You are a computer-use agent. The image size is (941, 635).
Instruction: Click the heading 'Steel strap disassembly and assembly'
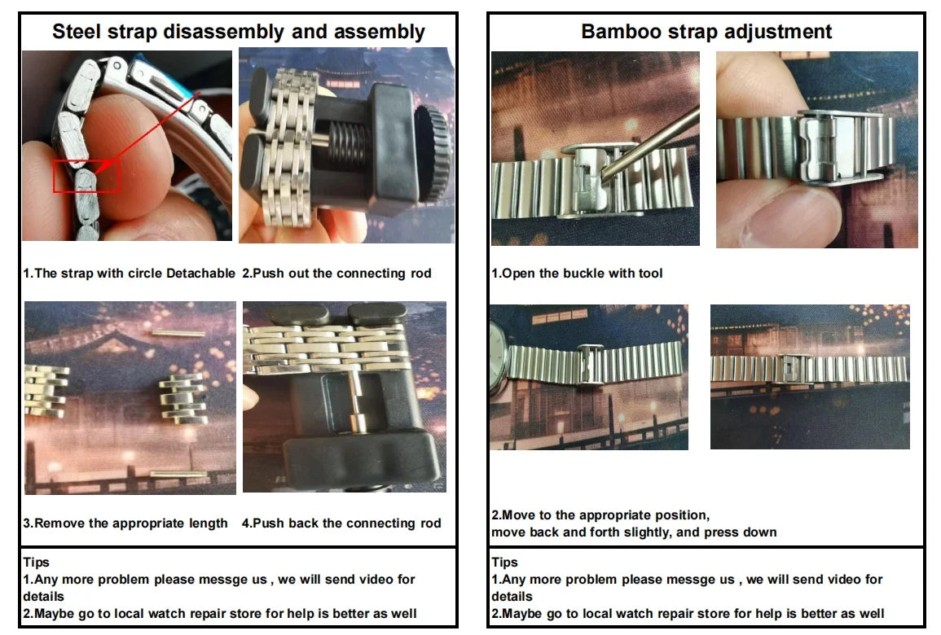[238, 31]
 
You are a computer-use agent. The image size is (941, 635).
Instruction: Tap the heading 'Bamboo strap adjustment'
[706, 31]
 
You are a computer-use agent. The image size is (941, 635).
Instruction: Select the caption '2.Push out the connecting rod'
[336, 274]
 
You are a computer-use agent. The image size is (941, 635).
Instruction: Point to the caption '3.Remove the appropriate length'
[125, 523]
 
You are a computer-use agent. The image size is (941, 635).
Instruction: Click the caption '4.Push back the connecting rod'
[341, 523]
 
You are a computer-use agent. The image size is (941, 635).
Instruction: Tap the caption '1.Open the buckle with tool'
[577, 274]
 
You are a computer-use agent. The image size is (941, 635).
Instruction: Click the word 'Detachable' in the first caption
[200, 274]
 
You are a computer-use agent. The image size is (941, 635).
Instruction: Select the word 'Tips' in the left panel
[36, 563]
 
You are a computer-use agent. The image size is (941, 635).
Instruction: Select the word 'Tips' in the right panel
[504, 563]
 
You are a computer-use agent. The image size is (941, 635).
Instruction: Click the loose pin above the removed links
[178, 333]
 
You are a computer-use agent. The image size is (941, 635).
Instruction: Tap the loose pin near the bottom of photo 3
[179, 475]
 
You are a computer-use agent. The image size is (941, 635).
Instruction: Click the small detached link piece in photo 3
[183, 399]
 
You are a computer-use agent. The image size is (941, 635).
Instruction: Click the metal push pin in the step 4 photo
[357, 401]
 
